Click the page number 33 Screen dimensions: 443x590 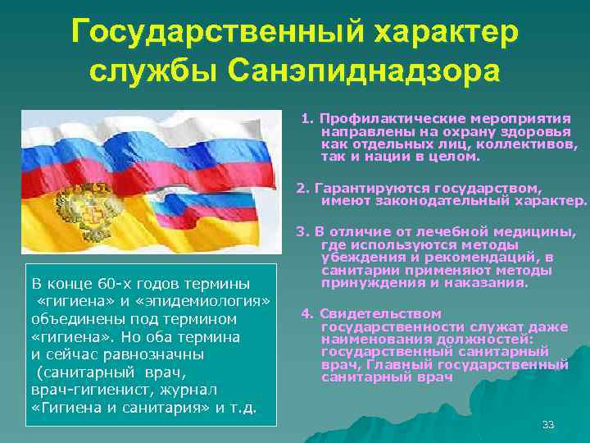[x=548, y=424]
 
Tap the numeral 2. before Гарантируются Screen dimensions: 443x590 [x=302, y=187]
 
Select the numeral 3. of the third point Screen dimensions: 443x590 [x=302, y=232]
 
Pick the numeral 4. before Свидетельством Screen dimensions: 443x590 [x=306, y=313]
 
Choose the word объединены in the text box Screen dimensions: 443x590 [x=70, y=318]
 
